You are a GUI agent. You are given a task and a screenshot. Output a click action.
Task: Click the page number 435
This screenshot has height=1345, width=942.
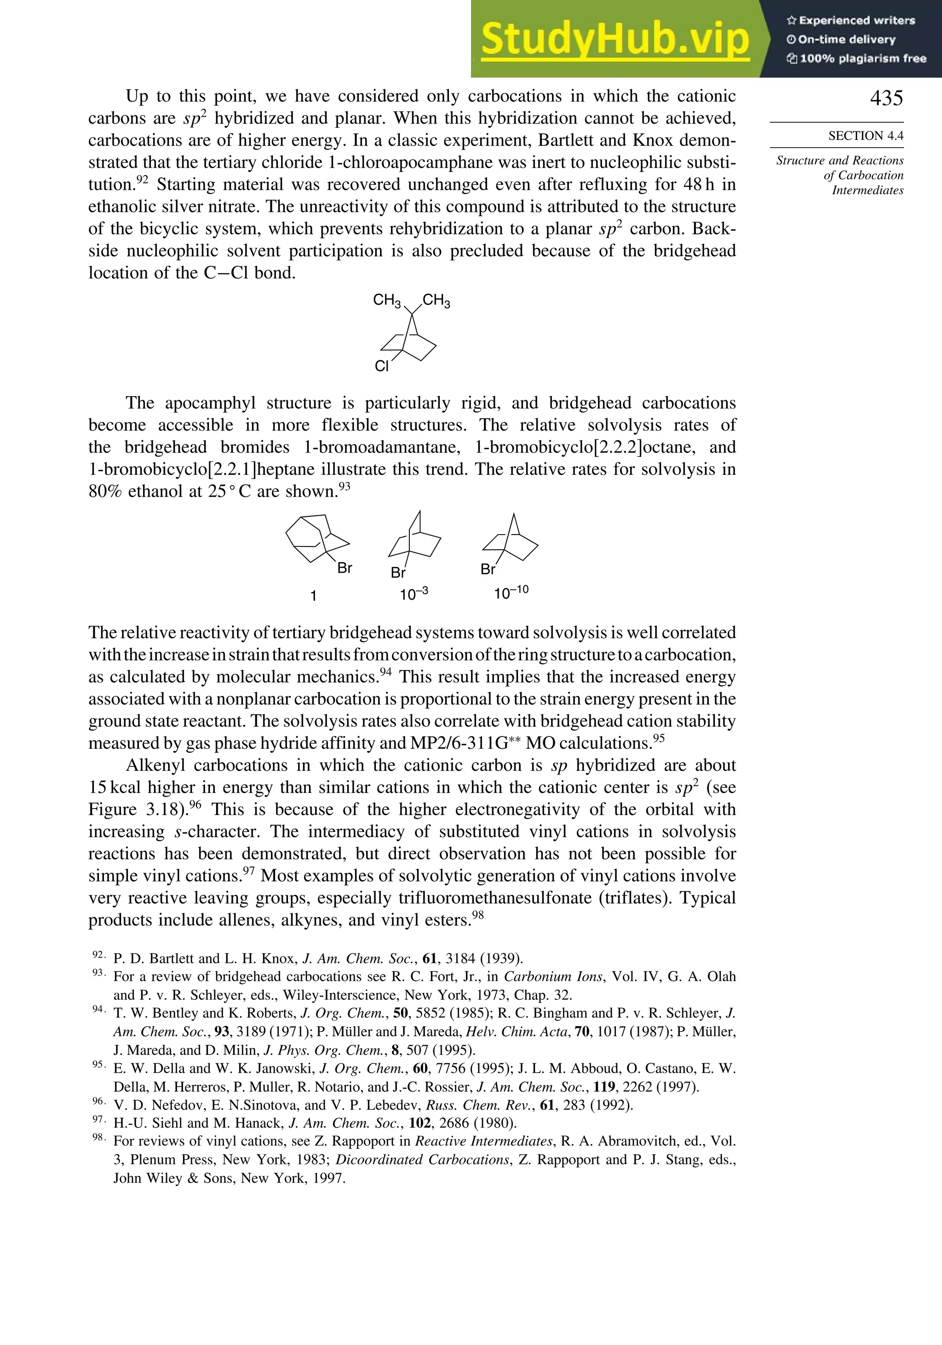(886, 98)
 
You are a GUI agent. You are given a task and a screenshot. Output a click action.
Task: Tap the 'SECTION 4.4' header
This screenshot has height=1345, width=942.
(865, 136)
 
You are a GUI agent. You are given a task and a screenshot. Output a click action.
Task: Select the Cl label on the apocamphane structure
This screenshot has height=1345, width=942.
(382, 366)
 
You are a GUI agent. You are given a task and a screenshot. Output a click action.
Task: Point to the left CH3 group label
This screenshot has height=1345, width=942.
(387, 301)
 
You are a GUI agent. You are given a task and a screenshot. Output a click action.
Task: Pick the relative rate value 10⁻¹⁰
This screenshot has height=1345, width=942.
(511, 593)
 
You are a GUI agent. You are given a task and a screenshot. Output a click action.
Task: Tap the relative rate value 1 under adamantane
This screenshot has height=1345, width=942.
(314, 596)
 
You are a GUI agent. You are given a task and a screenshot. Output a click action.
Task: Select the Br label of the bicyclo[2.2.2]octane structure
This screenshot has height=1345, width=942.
(398, 573)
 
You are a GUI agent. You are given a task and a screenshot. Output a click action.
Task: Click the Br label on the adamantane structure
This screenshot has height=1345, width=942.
(345, 568)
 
